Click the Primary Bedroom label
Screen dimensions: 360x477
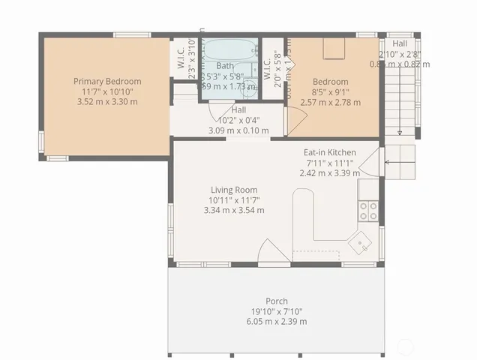(107, 81)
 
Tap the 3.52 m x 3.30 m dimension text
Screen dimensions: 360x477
(107, 102)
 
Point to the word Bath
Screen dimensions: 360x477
(225, 66)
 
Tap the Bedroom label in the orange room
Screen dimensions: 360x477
(330, 82)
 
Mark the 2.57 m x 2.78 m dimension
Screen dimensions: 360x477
(330, 102)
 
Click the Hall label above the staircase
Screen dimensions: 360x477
(399, 43)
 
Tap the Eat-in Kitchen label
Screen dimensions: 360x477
(330, 152)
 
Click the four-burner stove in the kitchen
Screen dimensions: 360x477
(367, 210)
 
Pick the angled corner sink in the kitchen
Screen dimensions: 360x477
(362, 241)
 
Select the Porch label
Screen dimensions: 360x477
(277, 301)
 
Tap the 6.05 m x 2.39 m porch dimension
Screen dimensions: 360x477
(277, 321)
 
